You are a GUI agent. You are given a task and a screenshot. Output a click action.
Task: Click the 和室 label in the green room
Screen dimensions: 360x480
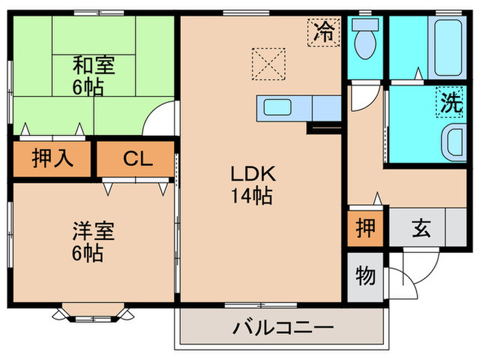(95, 67)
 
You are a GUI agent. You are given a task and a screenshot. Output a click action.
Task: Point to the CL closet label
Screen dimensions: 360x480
(137, 160)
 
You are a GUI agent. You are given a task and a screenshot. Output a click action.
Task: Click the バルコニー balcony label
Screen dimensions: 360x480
(281, 326)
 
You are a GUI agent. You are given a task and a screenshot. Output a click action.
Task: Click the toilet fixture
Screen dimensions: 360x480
(365, 40)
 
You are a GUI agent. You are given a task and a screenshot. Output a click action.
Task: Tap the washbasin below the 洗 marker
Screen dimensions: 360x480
(453, 143)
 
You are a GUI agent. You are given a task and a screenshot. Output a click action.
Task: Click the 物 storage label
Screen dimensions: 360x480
(365, 277)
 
